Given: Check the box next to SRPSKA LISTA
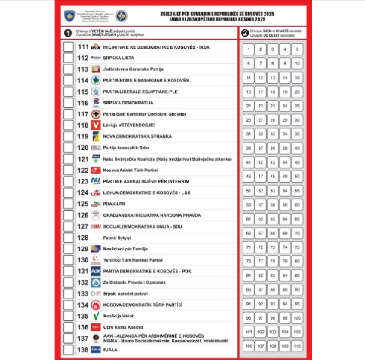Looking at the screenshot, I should pyautogui.click(x=68, y=58).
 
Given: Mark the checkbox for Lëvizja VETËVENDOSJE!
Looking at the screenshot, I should pyautogui.click(x=68, y=125).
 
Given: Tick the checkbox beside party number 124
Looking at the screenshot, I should pyautogui.click(x=68, y=192).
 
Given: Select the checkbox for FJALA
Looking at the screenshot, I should pyautogui.click(x=68, y=350).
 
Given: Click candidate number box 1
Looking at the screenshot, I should pyautogui.click(x=249, y=49).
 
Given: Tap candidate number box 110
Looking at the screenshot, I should pyautogui.click(x=297, y=345).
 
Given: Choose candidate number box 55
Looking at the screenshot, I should pyautogui.click(x=297, y=191).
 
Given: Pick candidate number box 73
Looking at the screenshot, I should pyautogui.click(x=273, y=247).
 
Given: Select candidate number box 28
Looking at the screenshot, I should pyautogui.click(x=273, y=120).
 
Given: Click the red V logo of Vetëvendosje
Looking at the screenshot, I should pyautogui.click(x=96, y=125).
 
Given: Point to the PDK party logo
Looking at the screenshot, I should pyautogui.click(x=96, y=271).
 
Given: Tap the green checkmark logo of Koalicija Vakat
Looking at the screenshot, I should pyautogui.click(x=96, y=316).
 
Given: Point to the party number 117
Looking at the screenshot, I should pyautogui.click(x=82, y=114).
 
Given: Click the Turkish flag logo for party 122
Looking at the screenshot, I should pyautogui.click(x=96, y=170).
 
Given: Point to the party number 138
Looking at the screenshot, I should pyautogui.click(x=82, y=350).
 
